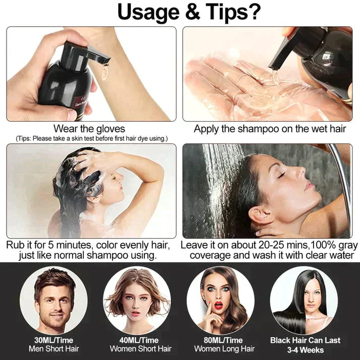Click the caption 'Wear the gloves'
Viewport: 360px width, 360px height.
pos(89,129)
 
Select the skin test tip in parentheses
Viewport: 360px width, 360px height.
pos(91,138)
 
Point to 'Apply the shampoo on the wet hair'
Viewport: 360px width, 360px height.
pos(270,129)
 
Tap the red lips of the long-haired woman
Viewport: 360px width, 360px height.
pos(219,305)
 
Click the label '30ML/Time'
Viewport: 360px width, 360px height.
pos(53,340)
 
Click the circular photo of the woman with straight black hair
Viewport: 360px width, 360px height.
pos(304,300)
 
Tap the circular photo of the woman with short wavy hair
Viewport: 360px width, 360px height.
pos(137,300)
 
